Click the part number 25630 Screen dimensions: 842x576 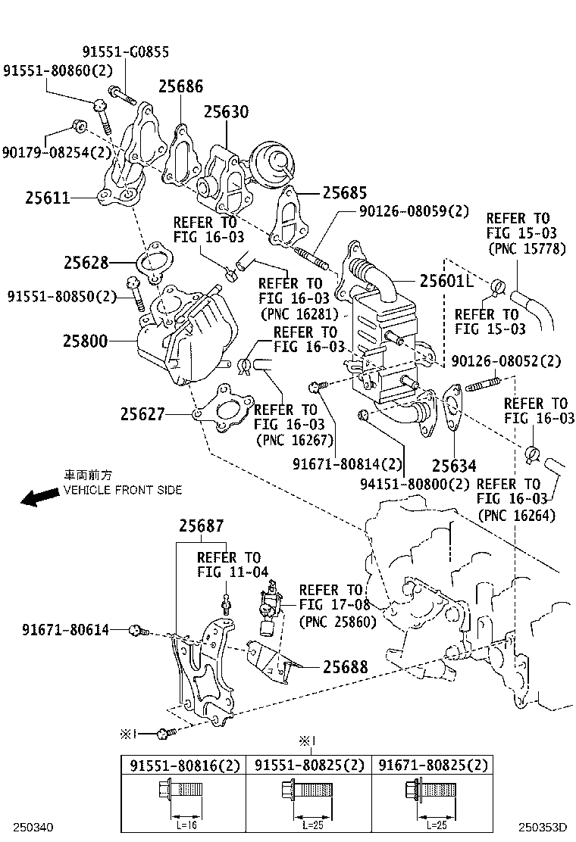(x=225, y=112)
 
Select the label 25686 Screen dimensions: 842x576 (x=180, y=86)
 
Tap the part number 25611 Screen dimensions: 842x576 (x=47, y=198)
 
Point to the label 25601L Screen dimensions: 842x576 (x=446, y=282)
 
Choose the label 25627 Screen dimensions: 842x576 (x=142, y=414)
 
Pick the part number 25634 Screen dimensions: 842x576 (x=455, y=465)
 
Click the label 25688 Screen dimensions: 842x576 (x=346, y=667)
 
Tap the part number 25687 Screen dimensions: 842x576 (x=202, y=526)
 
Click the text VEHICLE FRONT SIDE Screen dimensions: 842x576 (x=123, y=490)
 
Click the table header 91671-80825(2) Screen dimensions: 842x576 (x=434, y=766)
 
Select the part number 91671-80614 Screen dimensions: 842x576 (x=65, y=629)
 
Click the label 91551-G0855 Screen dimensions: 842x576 (x=126, y=52)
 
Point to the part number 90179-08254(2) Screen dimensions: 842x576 (x=57, y=152)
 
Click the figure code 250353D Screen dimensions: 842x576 (x=543, y=828)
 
